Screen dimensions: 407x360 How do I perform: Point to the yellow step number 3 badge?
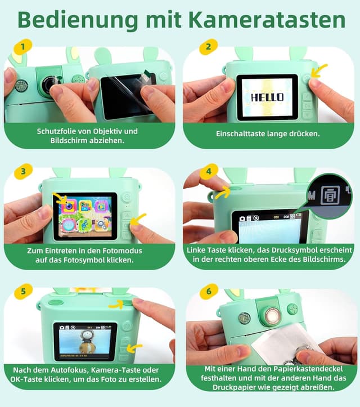pos(22,171)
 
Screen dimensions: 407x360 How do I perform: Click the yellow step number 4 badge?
pos(208,171)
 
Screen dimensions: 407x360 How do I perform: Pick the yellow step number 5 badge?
pos(22,292)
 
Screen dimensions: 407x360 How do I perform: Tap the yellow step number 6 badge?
pos(208,292)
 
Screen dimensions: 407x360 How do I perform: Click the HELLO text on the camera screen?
pos(267,97)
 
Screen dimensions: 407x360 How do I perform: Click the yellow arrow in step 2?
pos(319,71)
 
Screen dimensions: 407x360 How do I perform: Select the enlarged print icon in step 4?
pos(326,196)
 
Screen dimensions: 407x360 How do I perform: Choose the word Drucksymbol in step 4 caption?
pos(284,250)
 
